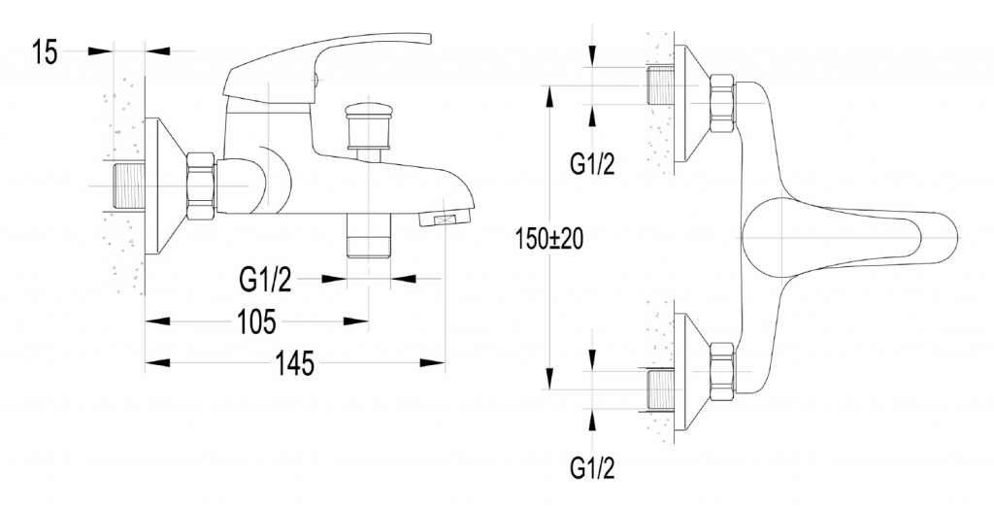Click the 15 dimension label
pyautogui.click(x=45, y=52)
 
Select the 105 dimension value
pyautogui.click(x=255, y=321)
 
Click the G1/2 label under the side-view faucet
pyautogui.click(x=265, y=281)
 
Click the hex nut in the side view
pyautogui.click(x=200, y=186)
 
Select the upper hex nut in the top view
pyautogui.click(x=723, y=105)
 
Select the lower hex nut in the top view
pyautogui.click(x=723, y=370)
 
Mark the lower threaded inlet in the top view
pyautogui.click(x=659, y=387)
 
